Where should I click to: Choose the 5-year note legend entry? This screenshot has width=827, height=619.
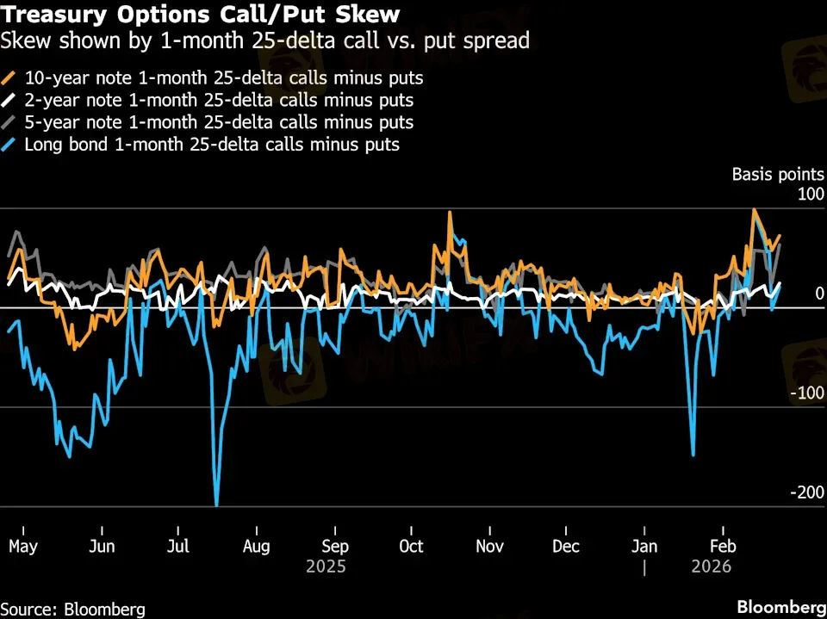pos(216,122)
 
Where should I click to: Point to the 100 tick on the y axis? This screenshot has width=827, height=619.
pos(810,195)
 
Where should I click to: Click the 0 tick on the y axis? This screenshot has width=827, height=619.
pos(819,294)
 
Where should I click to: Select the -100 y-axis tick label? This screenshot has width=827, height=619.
pos(806,393)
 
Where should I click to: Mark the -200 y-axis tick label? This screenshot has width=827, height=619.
pos(806,492)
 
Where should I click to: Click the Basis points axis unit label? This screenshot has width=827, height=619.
pos(778,174)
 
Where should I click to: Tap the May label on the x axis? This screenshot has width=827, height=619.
pos(23,547)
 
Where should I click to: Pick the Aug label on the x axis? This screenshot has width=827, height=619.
pos(256,547)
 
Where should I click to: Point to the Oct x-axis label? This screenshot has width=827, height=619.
pos(411,547)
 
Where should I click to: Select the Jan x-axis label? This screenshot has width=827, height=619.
pos(644,547)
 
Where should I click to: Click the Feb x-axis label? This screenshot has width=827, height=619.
pos(721,547)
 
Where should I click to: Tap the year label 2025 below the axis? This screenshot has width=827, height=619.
pos(326,566)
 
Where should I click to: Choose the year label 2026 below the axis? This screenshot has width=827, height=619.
pos(711,566)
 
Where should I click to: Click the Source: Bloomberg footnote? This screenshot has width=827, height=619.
pos(72,609)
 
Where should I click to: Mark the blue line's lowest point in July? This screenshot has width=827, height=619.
pos(216,505)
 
